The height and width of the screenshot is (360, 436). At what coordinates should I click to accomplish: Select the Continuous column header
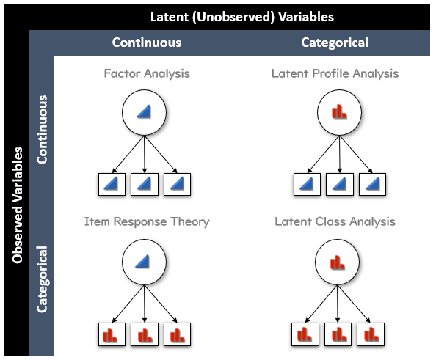[x=146, y=43]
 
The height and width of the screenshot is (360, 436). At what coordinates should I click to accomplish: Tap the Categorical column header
[x=335, y=43]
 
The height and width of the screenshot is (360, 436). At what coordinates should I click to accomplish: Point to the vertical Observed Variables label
[x=17, y=205]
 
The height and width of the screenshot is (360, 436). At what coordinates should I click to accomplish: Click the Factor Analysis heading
[x=147, y=73]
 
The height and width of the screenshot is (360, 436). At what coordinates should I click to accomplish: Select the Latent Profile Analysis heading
[x=335, y=73]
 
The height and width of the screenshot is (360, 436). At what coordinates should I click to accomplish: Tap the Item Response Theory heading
[x=147, y=221]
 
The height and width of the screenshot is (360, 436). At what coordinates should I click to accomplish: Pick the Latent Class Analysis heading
[x=335, y=221]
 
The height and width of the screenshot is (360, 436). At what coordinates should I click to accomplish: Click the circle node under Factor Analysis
[x=145, y=111]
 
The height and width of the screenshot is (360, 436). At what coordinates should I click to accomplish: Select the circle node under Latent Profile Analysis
[x=338, y=111]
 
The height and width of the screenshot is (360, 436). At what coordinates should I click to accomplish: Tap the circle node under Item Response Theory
[x=145, y=260]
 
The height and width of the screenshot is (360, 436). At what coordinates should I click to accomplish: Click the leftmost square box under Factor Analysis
[x=112, y=184]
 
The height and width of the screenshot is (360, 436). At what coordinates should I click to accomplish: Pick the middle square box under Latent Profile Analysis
[x=339, y=184]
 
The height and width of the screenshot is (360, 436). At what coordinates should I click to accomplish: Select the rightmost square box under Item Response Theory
[x=177, y=334]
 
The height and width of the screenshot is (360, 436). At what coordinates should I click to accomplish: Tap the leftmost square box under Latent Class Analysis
[x=305, y=334]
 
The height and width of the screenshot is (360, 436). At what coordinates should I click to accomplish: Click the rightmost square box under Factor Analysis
[x=177, y=184]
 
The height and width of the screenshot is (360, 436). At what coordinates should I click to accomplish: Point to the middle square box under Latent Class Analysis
[x=338, y=334]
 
